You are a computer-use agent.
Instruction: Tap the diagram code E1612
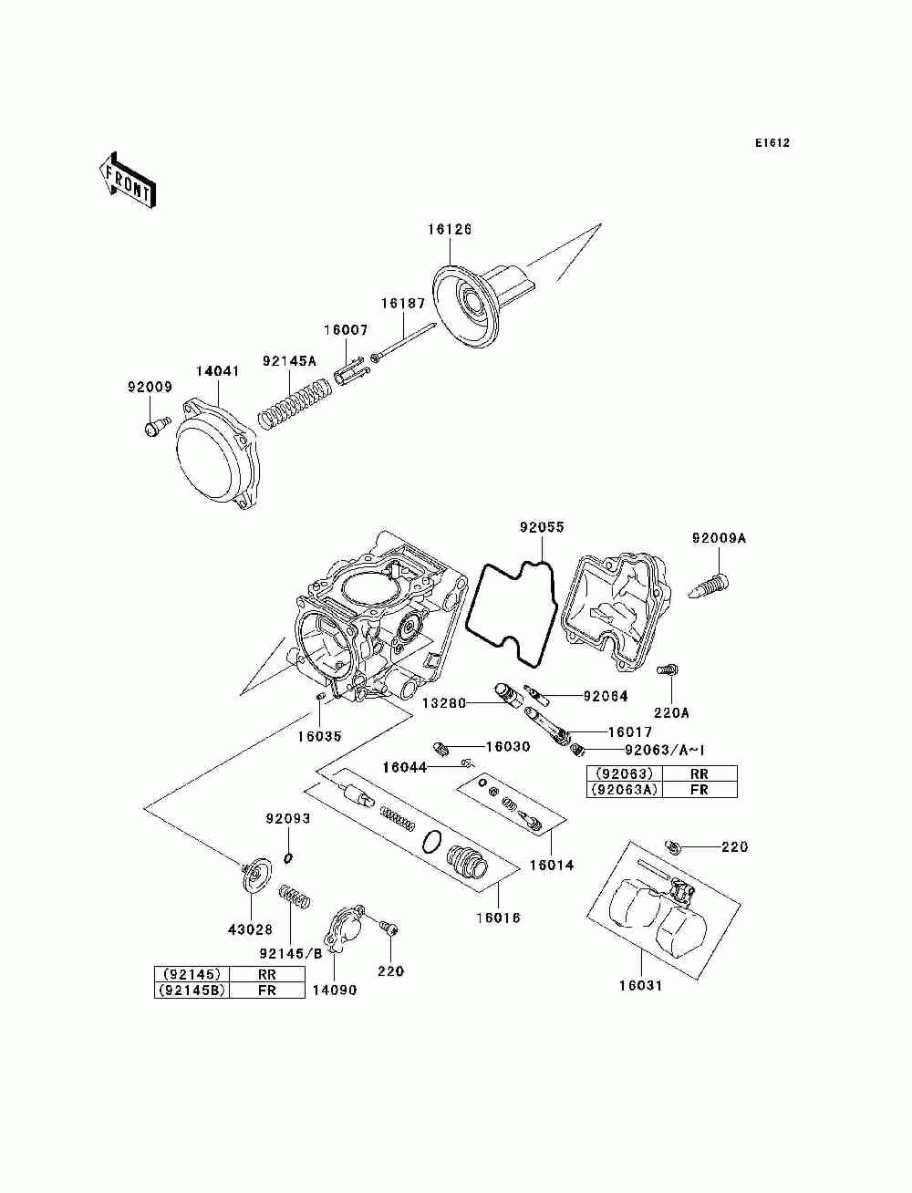[x=772, y=143]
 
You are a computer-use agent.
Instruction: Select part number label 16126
[x=450, y=229]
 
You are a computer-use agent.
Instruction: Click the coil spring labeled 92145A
[x=294, y=406]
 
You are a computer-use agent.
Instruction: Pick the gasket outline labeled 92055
[x=512, y=614]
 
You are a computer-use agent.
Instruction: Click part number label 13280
[x=444, y=703]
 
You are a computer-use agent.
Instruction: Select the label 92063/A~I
[x=665, y=750]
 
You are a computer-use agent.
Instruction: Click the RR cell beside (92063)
[x=699, y=773]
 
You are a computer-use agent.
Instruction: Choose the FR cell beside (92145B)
[x=267, y=990]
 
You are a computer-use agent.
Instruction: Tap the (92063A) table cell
[x=625, y=790]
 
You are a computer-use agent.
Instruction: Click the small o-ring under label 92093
[x=288, y=857]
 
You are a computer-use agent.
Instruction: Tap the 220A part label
[x=671, y=712]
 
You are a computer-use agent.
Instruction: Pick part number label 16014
[x=552, y=864]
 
